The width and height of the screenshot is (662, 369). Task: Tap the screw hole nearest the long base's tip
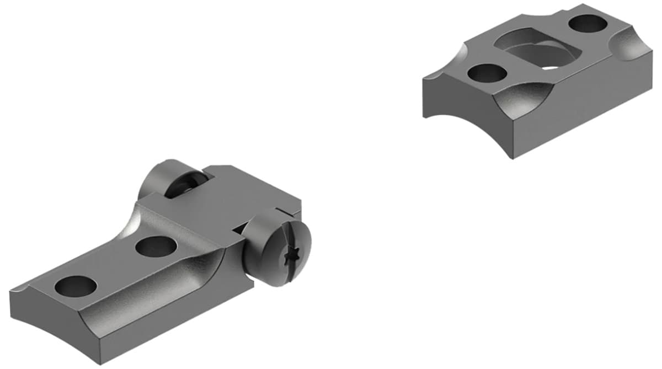[76, 286]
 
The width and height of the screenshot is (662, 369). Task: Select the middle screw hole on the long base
[156, 246]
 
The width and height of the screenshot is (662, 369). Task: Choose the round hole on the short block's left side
[487, 73]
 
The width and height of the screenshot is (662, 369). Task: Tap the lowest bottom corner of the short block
[514, 158]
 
